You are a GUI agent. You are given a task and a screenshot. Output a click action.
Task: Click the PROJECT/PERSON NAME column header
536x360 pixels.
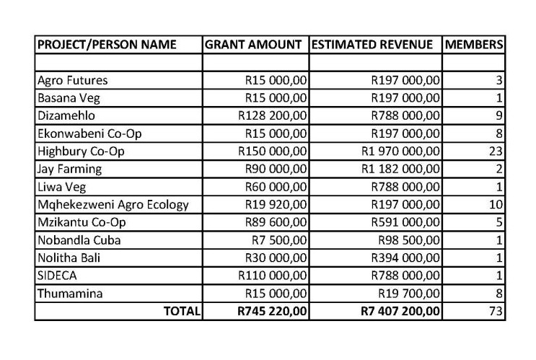[x=106, y=45]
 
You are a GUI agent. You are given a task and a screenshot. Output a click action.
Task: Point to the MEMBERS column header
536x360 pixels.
[x=474, y=45]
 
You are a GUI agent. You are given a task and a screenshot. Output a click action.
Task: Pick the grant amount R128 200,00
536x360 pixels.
[x=273, y=115]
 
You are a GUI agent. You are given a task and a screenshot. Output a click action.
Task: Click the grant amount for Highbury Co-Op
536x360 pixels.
[x=273, y=151]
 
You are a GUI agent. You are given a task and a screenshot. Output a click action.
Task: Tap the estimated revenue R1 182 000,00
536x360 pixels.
[x=400, y=169]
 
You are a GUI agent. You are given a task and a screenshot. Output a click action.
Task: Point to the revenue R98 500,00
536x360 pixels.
[x=410, y=240]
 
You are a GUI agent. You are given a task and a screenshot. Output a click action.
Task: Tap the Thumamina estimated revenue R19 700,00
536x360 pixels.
[x=410, y=293]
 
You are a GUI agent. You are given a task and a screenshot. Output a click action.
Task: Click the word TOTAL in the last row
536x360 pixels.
[x=182, y=312]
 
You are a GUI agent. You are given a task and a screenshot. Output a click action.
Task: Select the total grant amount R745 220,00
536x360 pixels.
[x=272, y=312]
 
